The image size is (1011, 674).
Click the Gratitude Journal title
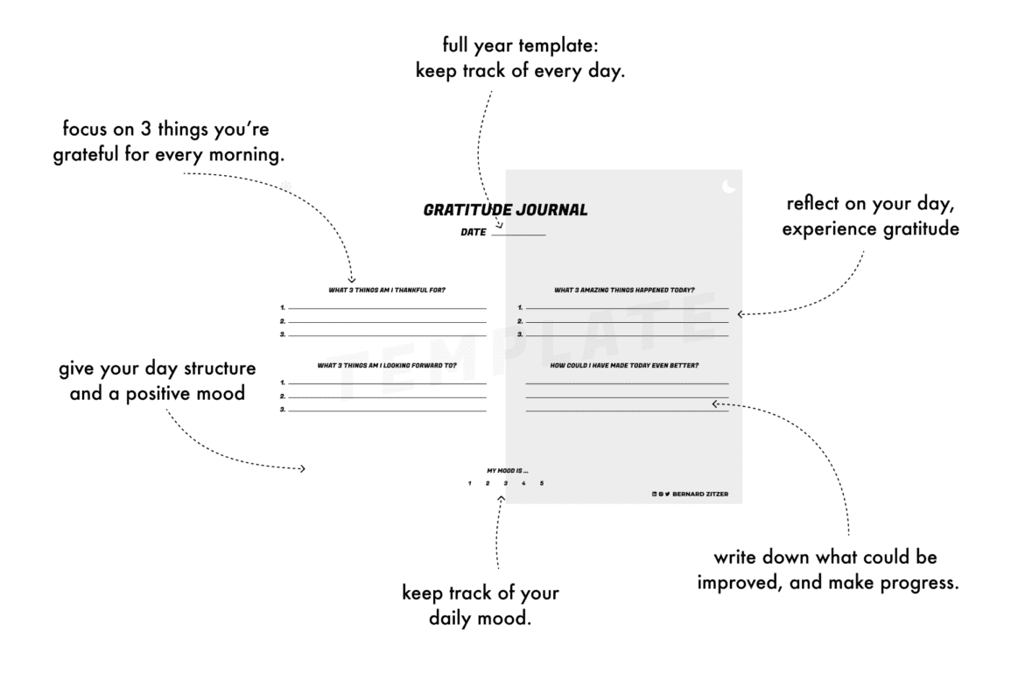(x=505, y=210)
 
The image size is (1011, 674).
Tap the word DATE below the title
(x=474, y=233)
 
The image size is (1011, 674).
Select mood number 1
(x=470, y=484)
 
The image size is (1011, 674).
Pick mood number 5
(x=542, y=484)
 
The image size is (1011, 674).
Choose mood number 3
(x=505, y=484)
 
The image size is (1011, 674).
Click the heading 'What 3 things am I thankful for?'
(x=381, y=290)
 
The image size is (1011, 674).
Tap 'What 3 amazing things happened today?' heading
(x=625, y=290)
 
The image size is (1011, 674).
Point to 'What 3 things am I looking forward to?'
(x=386, y=365)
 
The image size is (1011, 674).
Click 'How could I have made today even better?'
(x=625, y=365)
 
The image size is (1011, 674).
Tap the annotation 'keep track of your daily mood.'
(x=481, y=605)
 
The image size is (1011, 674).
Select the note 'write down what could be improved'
(x=829, y=570)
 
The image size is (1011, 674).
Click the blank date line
(x=518, y=235)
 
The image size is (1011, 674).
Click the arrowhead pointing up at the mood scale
(x=501, y=499)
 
